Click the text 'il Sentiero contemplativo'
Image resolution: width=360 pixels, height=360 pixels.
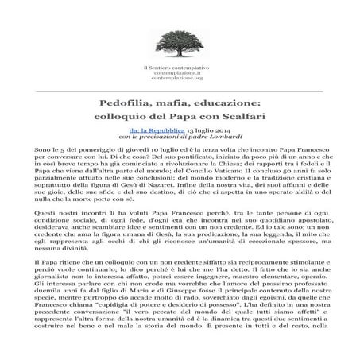[x=180, y=68]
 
